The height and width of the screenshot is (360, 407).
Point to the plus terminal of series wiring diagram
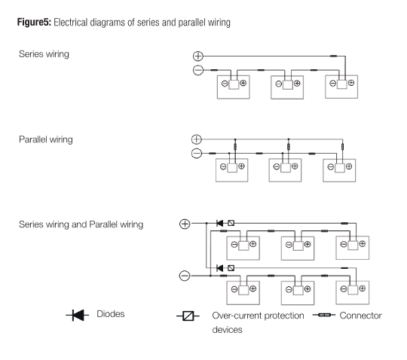[197, 56]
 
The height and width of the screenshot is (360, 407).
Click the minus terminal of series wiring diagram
[197, 70]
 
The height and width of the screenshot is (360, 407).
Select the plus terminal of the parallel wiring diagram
[197, 139]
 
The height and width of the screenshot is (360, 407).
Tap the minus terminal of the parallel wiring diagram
[197, 154]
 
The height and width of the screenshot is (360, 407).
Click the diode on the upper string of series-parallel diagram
[220, 224]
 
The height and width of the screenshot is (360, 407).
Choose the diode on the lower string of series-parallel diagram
[220, 267]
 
